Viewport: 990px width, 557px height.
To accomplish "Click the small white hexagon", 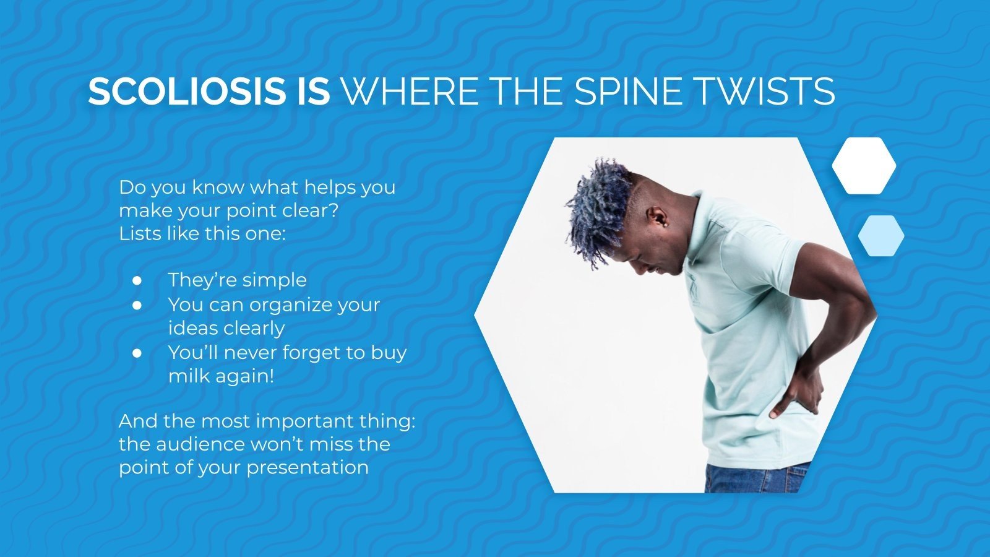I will coord(864,166).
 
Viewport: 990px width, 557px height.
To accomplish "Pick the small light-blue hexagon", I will coord(881,236).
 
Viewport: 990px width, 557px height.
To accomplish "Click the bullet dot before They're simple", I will coord(137,280).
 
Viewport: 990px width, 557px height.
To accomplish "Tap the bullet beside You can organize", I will coord(137,305).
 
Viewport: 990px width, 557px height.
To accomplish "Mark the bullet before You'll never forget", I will coord(137,353).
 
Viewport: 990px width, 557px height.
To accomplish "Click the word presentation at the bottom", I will coord(308,467).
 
